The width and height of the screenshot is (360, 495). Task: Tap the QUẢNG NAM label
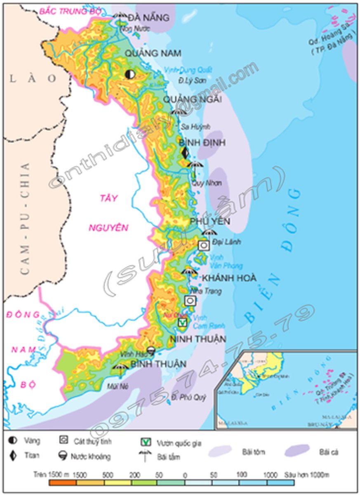pos(148,54)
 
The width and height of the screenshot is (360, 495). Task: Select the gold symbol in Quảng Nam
pos(130,74)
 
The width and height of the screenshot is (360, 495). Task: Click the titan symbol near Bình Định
pos(185,153)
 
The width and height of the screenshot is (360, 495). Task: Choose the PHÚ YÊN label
pos(210,222)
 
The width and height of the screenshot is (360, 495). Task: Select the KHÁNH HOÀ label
pos(229,278)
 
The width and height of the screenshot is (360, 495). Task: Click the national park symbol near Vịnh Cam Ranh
pos(182,322)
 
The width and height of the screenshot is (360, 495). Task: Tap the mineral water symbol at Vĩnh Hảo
pos(151,351)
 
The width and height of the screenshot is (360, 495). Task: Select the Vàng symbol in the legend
pos(12,441)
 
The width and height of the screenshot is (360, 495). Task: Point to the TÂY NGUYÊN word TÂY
pos(108,198)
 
